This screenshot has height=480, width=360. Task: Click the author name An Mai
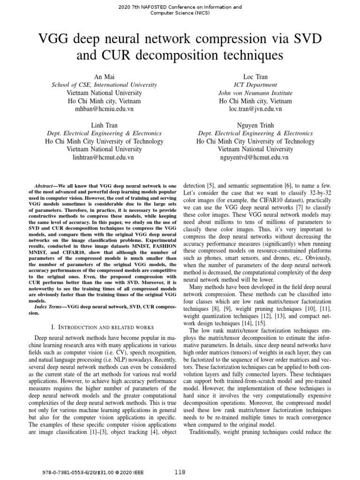pyautogui.click(x=104, y=77)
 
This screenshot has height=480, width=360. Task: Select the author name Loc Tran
pyautogui.click(x=255, y=77)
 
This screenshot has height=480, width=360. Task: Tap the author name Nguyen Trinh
pyautogui.click(x=255, y=126)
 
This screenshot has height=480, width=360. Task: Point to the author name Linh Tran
pyautogui.click(x=104, y=126)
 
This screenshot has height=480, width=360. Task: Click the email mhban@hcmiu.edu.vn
pyautogui.click(x=104, y=109)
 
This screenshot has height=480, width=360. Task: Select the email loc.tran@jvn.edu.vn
pyautogui.click(x=255, y=109)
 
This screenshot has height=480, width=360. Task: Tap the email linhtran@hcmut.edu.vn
pyautogui.click(x=104, y=157)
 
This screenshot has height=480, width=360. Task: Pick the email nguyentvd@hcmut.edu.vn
pyautogui.click(x=255, y=157)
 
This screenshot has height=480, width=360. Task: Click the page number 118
pyautogui.click(x=180, y=472)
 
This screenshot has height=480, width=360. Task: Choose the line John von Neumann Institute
pyautogui.click(x=255, y=93)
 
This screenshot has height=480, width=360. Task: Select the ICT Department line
pyautogui.click(x=255, y=85)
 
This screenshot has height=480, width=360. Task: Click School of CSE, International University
pyautogui.click(x=104, y=85)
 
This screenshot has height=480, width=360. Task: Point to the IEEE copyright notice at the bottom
pyautogui.click(x=83, y=472)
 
